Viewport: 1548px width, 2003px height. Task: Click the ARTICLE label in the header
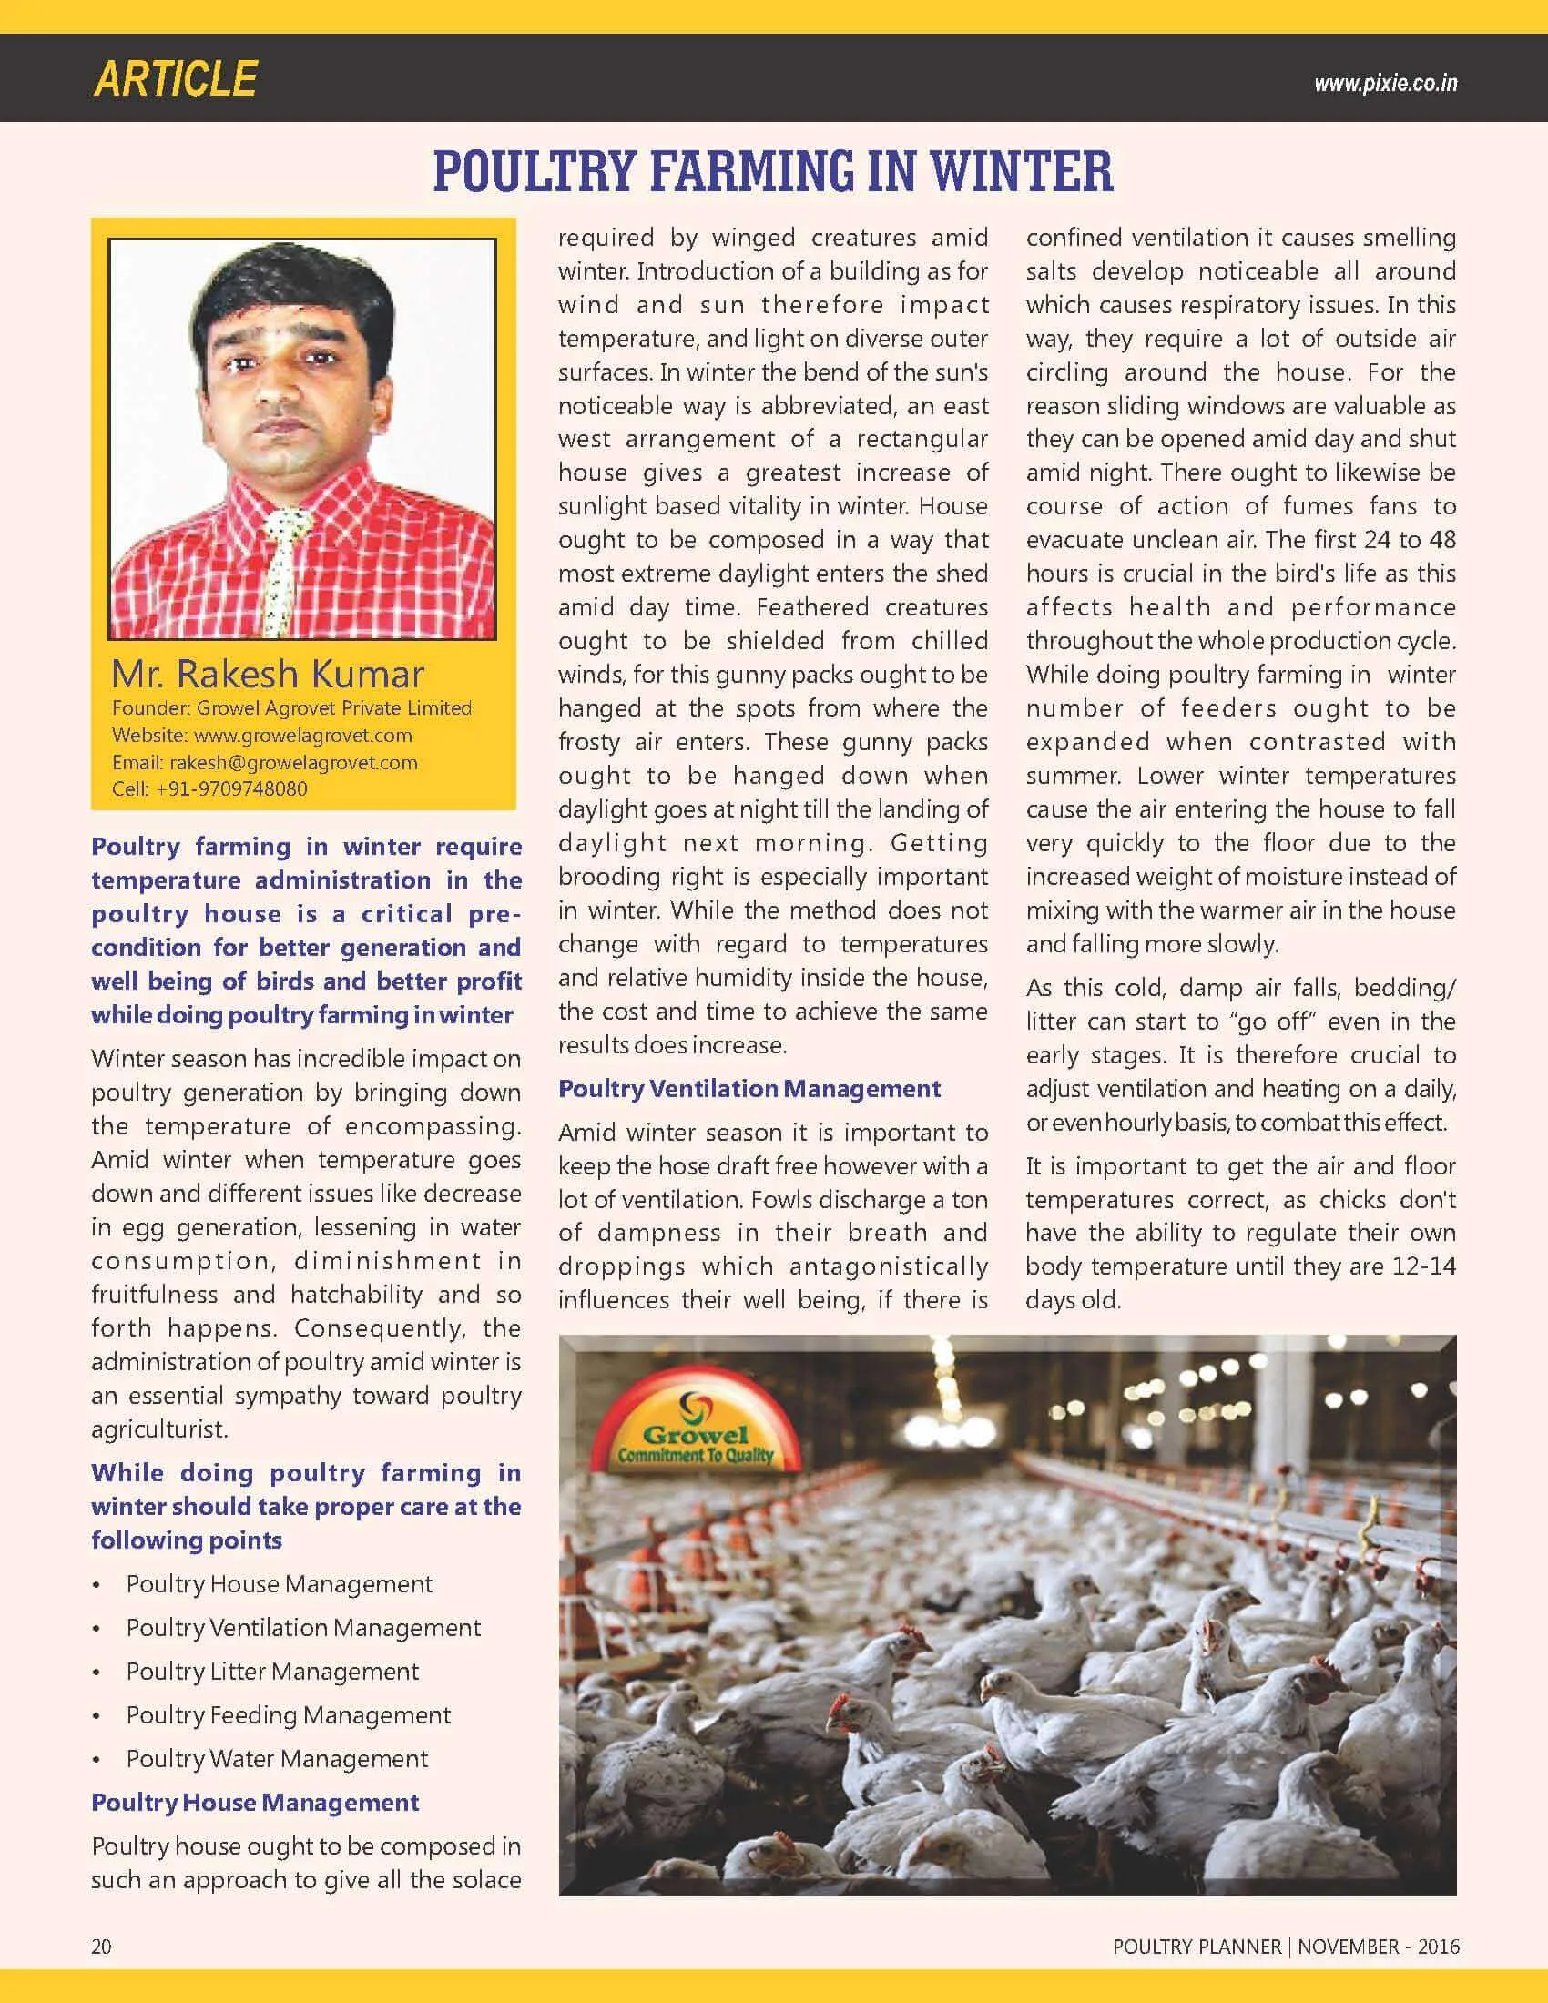(x=174, y=80)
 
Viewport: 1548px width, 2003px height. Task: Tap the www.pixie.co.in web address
(x=1385, y=84)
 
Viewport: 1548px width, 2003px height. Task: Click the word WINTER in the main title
(x=1022, y=170)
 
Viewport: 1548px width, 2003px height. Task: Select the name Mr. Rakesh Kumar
(x=267, y=674)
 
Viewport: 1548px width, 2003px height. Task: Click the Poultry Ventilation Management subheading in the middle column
(x=749, y=1089)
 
